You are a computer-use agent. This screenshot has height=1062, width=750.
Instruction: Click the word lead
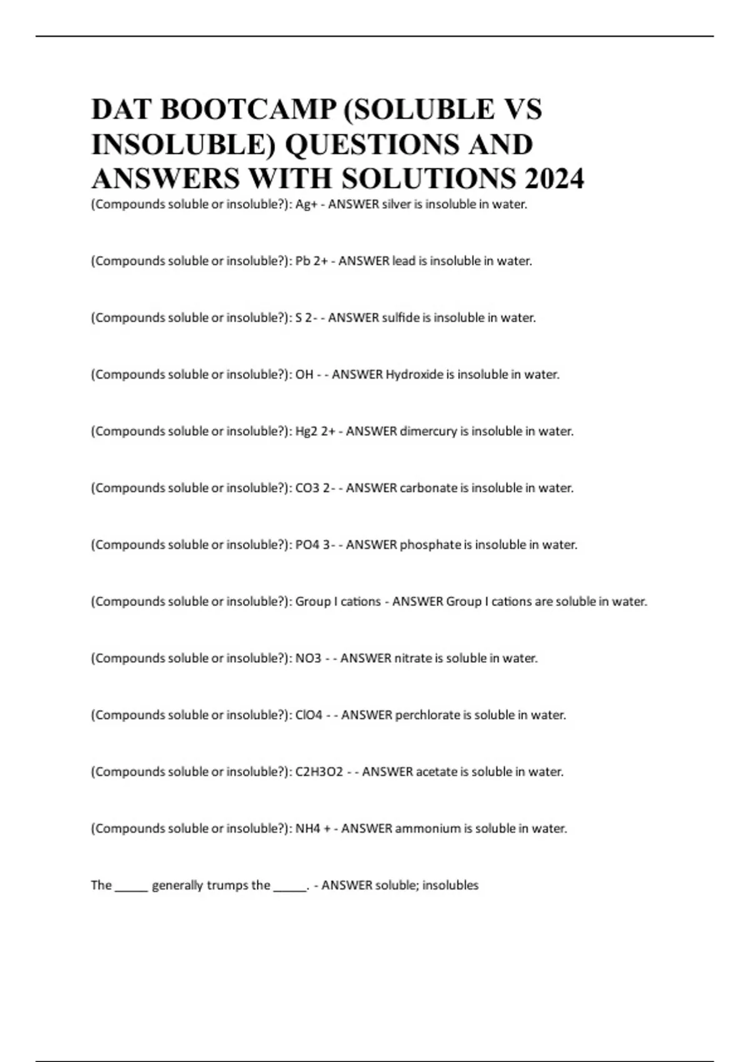click(404, 261)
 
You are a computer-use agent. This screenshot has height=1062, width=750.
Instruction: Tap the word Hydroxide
click(414, 375)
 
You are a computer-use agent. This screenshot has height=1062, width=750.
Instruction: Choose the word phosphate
click(430, 545)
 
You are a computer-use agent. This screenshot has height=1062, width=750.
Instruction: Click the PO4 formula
click(307, 545)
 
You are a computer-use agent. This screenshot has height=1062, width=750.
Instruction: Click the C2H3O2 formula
click(319, 772)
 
